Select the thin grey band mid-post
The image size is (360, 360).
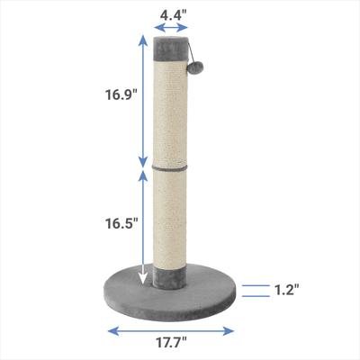click(173, 166)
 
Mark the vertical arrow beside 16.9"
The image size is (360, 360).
click(141, 99)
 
